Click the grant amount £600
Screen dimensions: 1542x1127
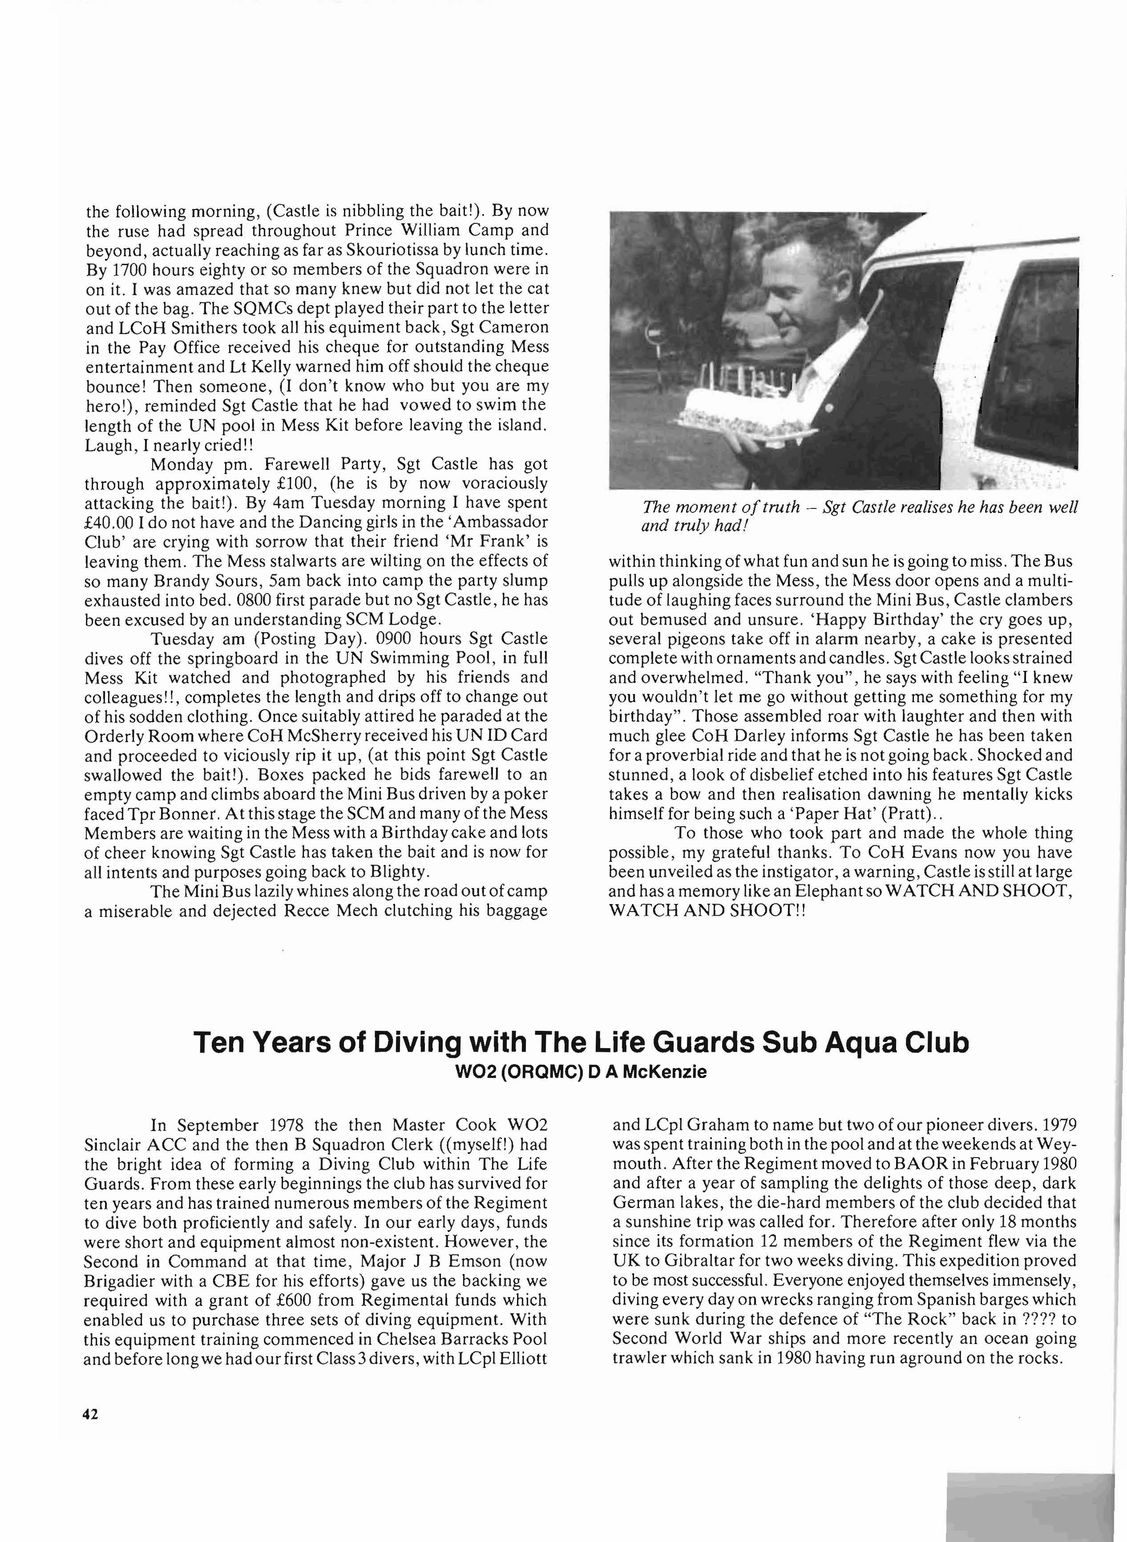click(x=296, y=1300)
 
